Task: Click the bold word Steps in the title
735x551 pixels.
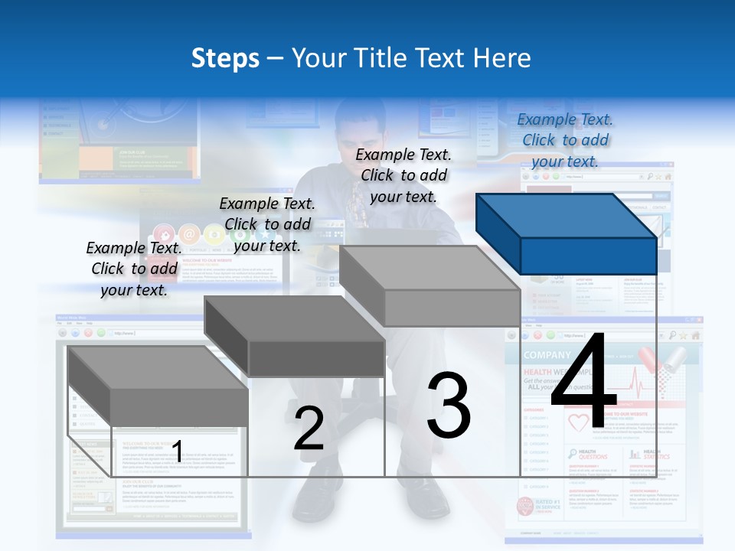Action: tap(224, 58)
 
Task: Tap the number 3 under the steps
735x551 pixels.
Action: tap(449, 405)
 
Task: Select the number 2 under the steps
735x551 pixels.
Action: tap(309, 429)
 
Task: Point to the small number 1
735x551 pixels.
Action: tap(178, 452)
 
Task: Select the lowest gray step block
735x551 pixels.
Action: tap(157, 386)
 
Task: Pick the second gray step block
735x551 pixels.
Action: tap(295, 337)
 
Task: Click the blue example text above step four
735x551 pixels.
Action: tap(565, 140)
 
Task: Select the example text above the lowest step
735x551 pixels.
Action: tap(134, 269)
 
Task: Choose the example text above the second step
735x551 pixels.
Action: tap(267, 224)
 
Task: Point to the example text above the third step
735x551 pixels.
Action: tap(403, 175)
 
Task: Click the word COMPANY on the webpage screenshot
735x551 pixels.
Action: tap(547, 355)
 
